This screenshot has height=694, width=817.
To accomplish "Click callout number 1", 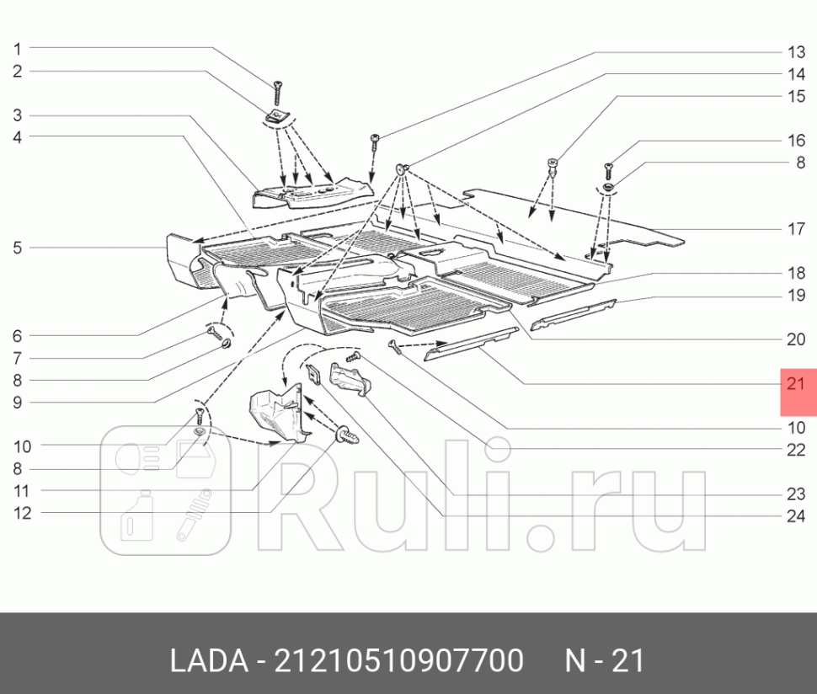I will (17, 49).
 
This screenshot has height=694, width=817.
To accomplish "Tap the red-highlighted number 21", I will (797, 384).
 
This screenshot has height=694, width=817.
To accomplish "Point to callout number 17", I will (796, 228).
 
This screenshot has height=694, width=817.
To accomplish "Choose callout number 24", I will (796, 516).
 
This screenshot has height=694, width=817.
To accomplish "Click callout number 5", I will (17, 248).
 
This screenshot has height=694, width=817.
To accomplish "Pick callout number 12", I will (22, 513).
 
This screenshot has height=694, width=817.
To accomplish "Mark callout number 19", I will (796, 296).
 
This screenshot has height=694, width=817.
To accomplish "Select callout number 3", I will (17, 115).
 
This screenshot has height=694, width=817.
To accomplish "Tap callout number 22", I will (796, 450).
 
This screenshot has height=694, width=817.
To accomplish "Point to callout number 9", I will (17, 403).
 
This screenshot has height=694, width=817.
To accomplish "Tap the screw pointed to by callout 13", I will (372, 141).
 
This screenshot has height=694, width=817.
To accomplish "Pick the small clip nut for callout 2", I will (275, 115).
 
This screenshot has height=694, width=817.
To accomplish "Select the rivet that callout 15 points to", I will (553, 164).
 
